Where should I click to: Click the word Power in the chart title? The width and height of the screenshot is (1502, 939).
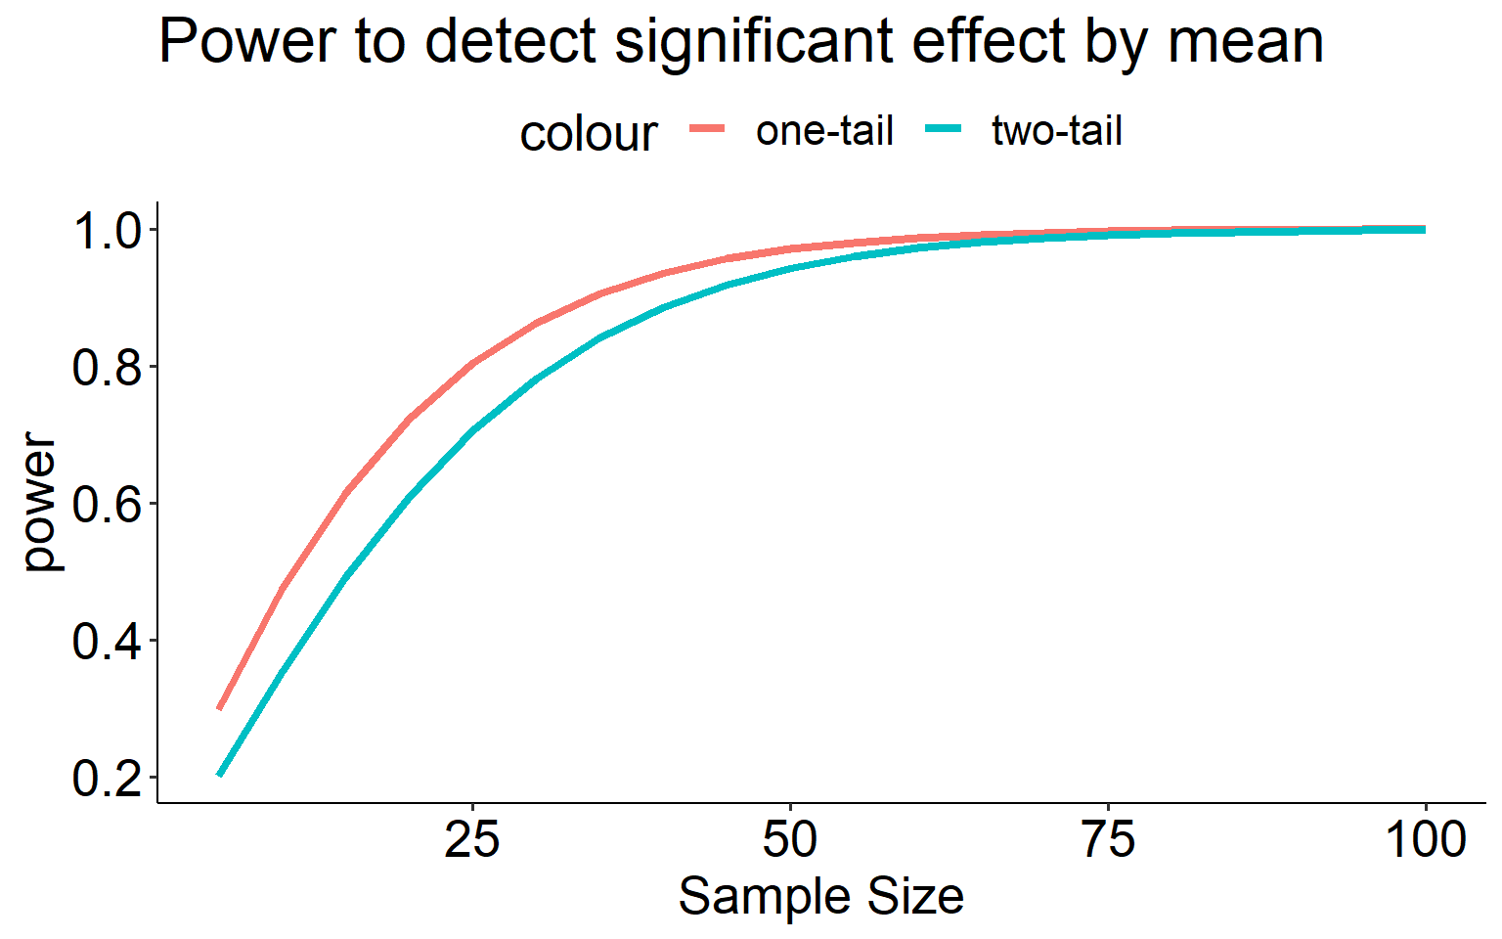click(x=229, y=41)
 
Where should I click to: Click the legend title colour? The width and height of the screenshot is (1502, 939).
click(x=589, y=133)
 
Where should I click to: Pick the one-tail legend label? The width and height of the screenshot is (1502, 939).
click(x=824, y=131)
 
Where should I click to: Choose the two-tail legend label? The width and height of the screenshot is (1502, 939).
click(x=1057, y=131)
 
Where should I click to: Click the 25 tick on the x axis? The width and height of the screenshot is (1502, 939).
click(x=472, y=839)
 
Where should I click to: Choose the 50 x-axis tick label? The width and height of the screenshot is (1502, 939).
click(x=790, y=839)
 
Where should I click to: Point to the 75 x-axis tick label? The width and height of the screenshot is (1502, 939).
click(x=1108, y=839)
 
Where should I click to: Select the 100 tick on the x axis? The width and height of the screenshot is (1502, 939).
click(x=1426, y=839)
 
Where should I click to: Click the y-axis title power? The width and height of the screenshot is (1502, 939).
click(x=41, y=502)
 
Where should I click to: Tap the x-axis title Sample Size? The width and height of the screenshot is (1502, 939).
click(x=820, y=896)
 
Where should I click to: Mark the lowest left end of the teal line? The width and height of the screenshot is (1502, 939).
click(x=220, y=775)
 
